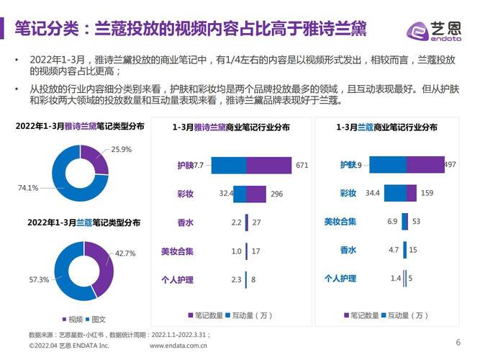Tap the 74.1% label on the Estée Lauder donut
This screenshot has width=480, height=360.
coord(30,188)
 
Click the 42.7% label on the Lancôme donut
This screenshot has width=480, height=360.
coord(125,253)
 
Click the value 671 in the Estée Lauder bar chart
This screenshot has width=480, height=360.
coord(302,166)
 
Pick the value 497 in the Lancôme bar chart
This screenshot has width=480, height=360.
coord(450,165)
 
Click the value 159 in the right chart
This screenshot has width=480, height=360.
coord(427,193)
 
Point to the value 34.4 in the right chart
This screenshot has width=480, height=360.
coord(373,193)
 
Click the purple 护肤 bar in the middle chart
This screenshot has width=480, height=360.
coord(268,166)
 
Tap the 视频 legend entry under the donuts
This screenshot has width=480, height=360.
coord(75,320)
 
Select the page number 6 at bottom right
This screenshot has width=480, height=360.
coord(458,342)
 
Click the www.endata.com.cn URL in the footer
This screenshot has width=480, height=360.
coord(178,346)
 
